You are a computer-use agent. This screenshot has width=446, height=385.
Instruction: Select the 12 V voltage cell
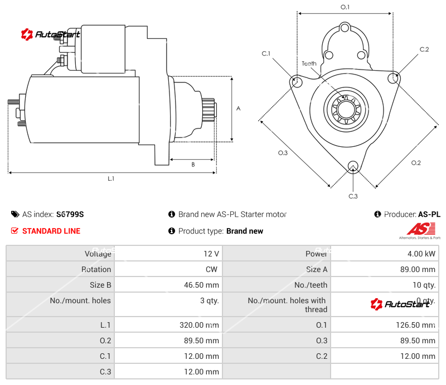click(211, 254)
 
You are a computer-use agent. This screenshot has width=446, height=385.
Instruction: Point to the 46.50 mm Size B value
click(201, 285)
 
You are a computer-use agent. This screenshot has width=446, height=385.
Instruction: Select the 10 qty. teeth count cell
click(423, 285)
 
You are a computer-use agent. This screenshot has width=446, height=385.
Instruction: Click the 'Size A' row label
click(317, 269)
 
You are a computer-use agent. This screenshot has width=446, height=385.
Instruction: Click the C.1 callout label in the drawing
click(266, 53)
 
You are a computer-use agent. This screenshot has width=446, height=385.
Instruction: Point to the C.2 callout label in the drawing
click(424, 50)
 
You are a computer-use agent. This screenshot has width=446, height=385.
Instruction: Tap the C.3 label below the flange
click(353, 196)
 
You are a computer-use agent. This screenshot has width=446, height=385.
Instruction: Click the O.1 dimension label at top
click(345, 7)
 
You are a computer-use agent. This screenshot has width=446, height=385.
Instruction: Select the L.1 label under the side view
click(111, 179)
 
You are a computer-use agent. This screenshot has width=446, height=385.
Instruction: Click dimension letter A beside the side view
click(238, 108)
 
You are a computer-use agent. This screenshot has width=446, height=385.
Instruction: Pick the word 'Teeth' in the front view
click(309, 63)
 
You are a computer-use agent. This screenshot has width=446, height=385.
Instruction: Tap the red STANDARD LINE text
click(51, 231)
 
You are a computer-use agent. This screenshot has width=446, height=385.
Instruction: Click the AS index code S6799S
click(70, 214)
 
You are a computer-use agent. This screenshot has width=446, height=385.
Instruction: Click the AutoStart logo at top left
click(50, 34)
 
